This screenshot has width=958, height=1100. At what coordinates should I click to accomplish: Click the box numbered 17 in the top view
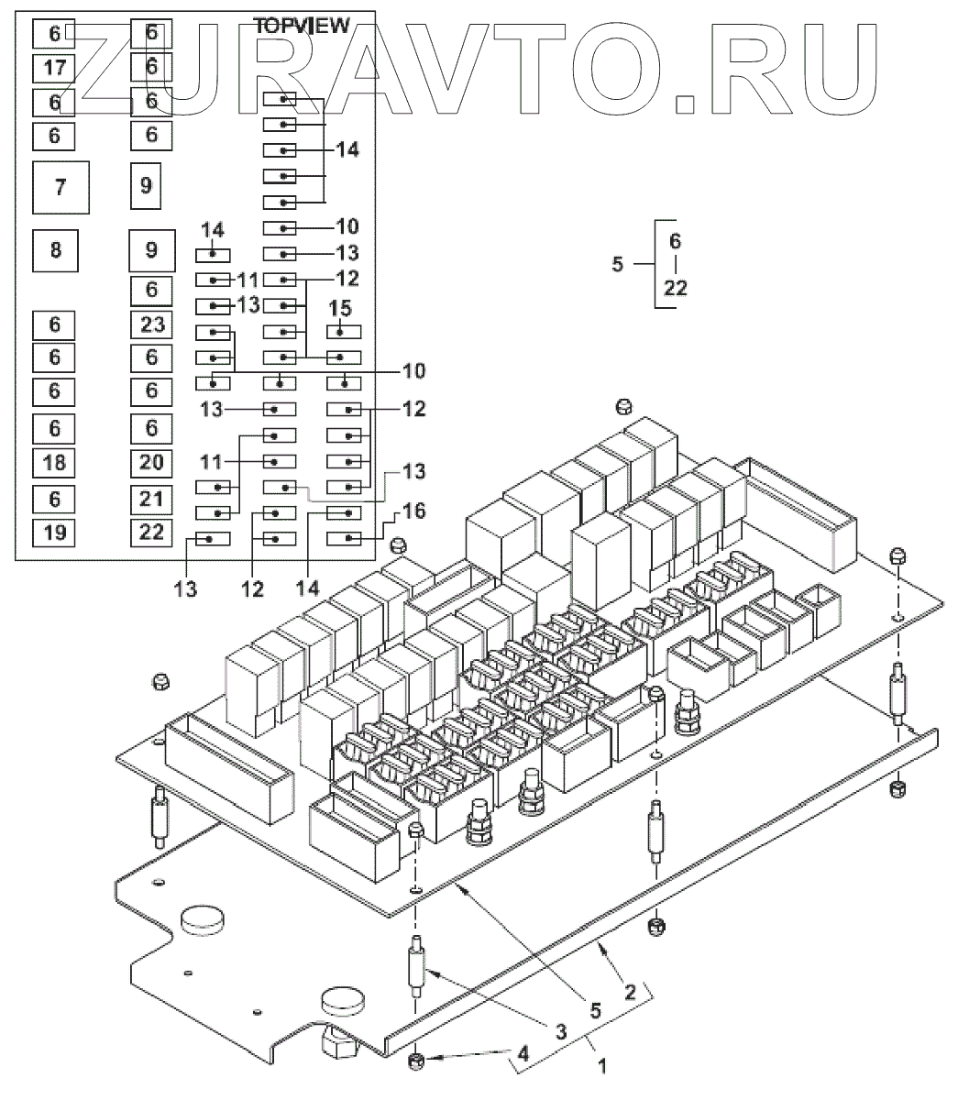point(55,67)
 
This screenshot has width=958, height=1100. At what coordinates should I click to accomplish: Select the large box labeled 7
point(61,187)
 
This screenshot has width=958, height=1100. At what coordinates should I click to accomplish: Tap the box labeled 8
point(56,249)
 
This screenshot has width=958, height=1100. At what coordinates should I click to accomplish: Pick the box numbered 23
point(152,324)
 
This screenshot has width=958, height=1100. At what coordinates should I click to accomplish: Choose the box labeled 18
point(55,462)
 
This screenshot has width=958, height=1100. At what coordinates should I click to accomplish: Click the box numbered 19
point(55,532)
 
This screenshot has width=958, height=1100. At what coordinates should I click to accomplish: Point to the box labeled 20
point(152,462)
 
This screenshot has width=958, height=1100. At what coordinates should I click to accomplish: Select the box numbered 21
point(152,498)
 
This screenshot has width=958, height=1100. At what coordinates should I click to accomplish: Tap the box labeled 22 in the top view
point(152,532)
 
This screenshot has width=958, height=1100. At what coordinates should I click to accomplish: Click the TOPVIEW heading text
point(302,27)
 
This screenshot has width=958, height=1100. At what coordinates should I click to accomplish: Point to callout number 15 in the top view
point(340,310)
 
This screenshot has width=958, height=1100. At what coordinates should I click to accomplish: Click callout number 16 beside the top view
point(414,511)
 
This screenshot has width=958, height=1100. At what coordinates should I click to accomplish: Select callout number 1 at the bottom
point(602,1066)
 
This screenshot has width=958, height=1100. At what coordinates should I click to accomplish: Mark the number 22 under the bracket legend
point(676,288)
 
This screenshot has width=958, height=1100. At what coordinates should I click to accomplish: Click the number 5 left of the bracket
point(617,265)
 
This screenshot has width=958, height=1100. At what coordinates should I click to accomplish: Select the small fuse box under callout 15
point(340,331)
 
